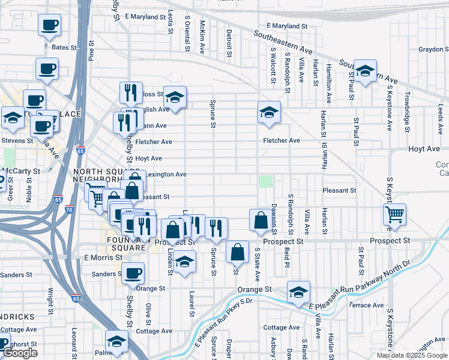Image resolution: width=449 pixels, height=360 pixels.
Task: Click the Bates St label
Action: point(65,47)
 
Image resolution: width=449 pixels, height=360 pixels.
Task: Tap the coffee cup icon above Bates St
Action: point(49,26)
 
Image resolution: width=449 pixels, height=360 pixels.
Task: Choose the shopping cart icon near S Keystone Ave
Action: point(394,214)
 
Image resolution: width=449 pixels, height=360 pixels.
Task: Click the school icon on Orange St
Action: point(298,291)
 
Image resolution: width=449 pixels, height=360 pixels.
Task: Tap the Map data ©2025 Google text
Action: point(412,355)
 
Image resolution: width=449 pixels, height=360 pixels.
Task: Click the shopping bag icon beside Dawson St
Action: point(261,220)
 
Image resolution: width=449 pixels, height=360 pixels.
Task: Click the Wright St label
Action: point(51,300)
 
